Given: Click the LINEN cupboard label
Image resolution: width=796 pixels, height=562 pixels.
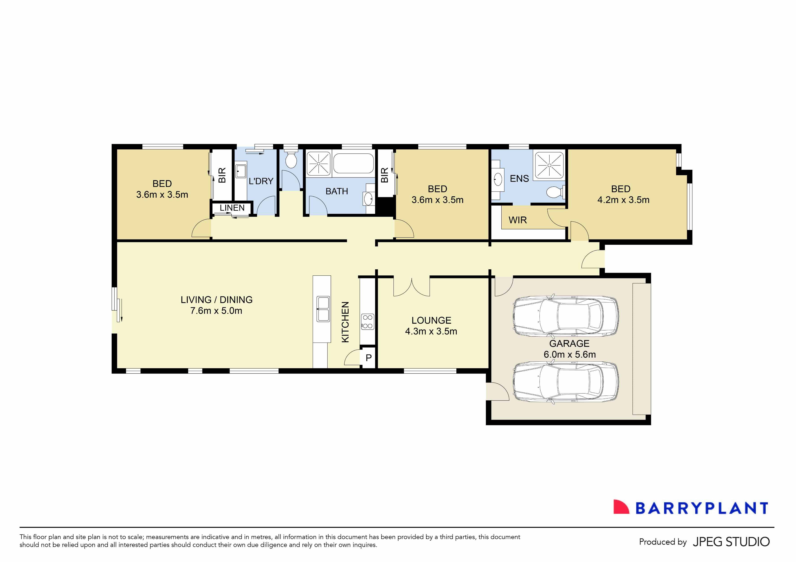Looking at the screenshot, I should (232, 208).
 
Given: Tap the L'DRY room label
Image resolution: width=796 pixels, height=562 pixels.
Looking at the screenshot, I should (261, 181).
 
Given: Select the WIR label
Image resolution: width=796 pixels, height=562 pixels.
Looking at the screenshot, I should (518, 220).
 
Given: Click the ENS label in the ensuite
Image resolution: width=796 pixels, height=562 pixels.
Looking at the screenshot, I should (519, 179).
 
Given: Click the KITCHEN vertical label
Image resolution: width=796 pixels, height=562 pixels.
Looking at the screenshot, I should (345, 322).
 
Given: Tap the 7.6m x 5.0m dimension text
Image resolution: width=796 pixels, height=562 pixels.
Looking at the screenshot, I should (216, 311).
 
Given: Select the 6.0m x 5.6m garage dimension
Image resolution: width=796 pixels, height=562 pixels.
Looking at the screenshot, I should (569, 354).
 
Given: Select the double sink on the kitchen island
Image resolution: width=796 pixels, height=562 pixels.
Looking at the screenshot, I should (323, 309).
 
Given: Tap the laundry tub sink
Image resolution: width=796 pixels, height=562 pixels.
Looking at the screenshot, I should (241, 171).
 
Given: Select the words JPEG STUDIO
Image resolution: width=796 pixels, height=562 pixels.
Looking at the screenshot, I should (731, 542).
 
